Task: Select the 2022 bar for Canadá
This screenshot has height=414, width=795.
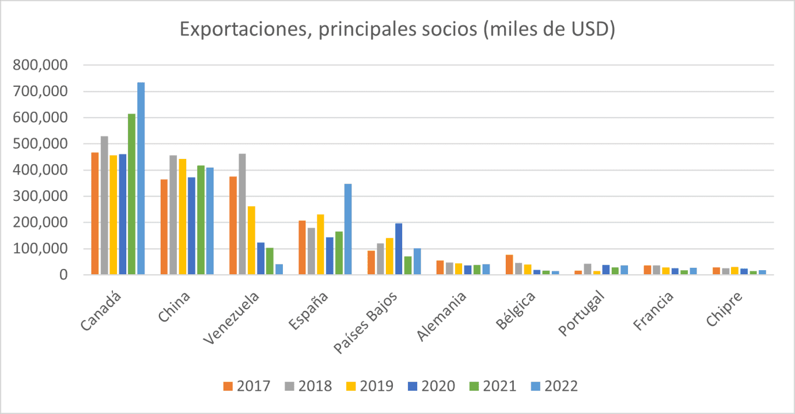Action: (141, 178)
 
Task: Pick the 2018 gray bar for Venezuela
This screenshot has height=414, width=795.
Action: (242, 214)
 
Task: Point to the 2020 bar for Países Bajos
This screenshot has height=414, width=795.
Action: (399, 249)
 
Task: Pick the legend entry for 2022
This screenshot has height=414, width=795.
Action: (555, 386)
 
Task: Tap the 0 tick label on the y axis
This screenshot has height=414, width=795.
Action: (65, 275)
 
